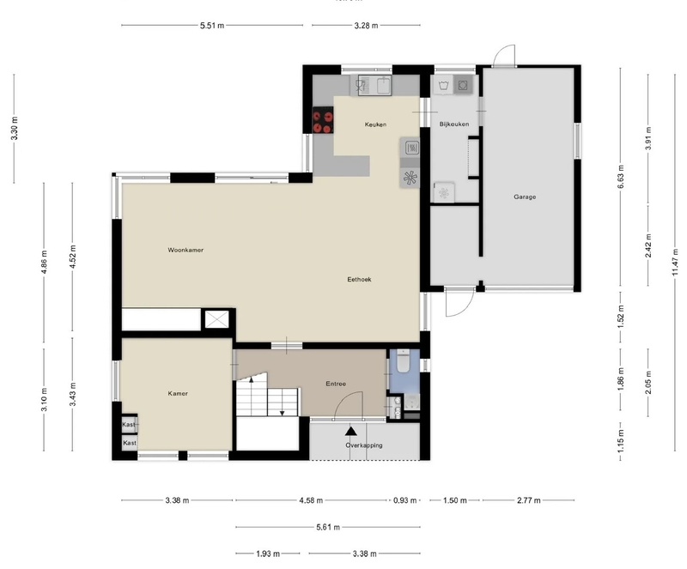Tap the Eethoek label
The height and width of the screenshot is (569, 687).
coord(358,279)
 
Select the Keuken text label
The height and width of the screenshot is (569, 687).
coord(375,124)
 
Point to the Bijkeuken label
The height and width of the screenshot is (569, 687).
coord(454,124)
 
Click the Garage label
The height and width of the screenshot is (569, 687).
coord(525,197)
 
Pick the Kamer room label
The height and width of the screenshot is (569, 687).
coord(178,393)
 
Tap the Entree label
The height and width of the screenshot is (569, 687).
coord(335,384)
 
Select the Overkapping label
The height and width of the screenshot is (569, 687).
coord(364,445)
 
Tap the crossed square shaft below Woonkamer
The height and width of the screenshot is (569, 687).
coord(216,319)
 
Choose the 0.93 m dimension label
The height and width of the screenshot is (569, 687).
coord(401,500)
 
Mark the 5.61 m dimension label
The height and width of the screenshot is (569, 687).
coord(328,527)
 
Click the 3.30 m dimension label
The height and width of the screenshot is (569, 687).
coord(15,128)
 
